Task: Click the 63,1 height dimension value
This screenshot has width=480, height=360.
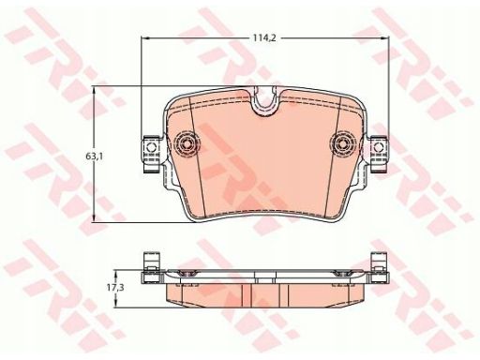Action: click(95, 157)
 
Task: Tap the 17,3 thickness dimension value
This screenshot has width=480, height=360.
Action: click(115, 288)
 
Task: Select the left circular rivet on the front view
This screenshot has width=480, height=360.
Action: click(186, 144)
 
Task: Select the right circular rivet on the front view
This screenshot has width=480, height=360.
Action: click(344, 144)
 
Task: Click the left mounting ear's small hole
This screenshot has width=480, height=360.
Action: click(153, 146)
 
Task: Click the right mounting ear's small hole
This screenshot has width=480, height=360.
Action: click(379, 146)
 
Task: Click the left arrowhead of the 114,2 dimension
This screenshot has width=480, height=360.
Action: click(145, 38)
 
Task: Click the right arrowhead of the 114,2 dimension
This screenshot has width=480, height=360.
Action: click(385, 38)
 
